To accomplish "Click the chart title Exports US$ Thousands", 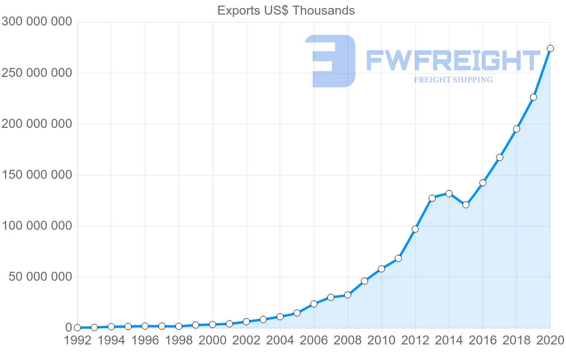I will point(286,10).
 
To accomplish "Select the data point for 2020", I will point(550,48).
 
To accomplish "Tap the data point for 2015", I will point(466,205).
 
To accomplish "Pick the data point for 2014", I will point(449,193).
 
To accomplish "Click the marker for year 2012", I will point(415,229).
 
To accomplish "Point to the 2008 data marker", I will point(348,295).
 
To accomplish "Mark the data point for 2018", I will point(516,129).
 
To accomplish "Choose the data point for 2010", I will point(382,269).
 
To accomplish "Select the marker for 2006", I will point(314,304).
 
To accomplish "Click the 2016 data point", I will point(483,183).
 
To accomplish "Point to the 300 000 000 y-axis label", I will point(37,22).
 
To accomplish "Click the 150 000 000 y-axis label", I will point(37,175).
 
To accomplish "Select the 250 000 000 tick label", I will point(37,73).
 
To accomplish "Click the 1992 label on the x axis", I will point(77,341).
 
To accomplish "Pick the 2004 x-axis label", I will point(280,341).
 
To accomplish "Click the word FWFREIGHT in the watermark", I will point(453,60).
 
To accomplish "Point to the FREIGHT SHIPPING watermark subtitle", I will point(453,80).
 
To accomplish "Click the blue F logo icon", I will point(330,61).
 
